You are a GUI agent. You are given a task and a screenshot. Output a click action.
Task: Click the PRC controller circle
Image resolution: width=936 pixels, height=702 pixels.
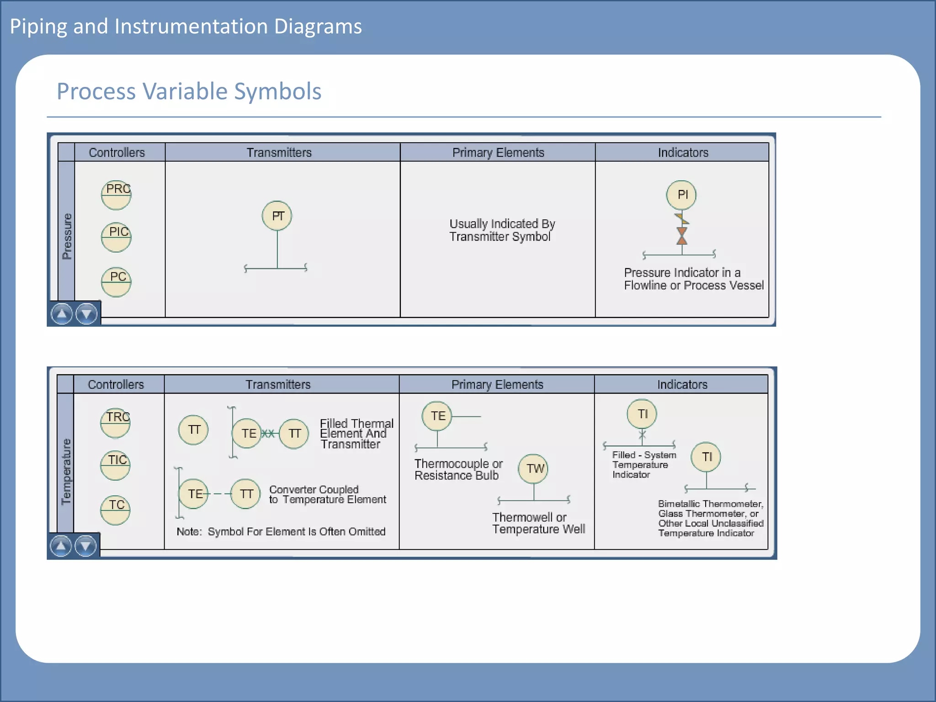(116, 195)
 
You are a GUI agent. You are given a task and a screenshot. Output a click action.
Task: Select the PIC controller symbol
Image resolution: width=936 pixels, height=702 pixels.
(116, 237)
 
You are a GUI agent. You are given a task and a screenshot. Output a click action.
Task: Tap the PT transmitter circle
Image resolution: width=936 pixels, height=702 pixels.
(277, 216)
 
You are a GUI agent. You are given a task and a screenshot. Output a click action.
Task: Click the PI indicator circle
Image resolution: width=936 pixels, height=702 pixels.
(681, 195)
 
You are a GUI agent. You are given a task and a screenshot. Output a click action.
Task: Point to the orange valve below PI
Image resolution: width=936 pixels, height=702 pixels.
(682, 236)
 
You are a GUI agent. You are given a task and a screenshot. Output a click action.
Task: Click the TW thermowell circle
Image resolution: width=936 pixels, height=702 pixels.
(533, 468)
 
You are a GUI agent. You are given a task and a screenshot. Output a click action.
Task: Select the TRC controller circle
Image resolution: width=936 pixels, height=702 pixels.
(115, 423)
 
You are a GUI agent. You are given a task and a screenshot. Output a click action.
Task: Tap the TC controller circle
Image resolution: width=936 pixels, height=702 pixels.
(115, 510)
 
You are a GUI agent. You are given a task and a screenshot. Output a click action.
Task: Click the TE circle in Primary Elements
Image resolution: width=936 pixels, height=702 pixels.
(437, 416)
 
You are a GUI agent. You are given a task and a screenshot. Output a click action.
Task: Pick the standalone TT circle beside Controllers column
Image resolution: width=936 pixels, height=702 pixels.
(193, 430)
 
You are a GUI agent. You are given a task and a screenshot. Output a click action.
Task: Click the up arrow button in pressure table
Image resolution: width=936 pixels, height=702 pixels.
(62, 314)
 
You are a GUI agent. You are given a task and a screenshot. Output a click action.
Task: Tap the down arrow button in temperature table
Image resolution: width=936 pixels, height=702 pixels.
(85, 546)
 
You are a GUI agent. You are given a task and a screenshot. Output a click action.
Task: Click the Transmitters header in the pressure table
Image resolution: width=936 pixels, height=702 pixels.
(279, 153)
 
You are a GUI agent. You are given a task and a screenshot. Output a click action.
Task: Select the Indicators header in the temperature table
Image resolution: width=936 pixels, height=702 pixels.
(682, 385)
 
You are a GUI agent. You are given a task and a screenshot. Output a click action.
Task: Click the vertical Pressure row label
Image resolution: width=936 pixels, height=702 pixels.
(67, 236)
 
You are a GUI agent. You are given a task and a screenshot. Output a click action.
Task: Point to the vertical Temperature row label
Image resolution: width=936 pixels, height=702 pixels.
(66, 471)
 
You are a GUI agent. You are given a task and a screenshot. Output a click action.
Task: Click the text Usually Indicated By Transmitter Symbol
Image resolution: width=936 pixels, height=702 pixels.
(501, 230)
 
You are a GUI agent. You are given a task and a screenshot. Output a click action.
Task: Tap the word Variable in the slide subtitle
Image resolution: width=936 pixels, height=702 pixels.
(189, 91)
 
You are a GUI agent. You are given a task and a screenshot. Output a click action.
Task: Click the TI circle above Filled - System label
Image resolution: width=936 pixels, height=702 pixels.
(642, 414)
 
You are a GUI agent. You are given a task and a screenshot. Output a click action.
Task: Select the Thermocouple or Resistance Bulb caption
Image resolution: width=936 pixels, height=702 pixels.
(458, 469)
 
